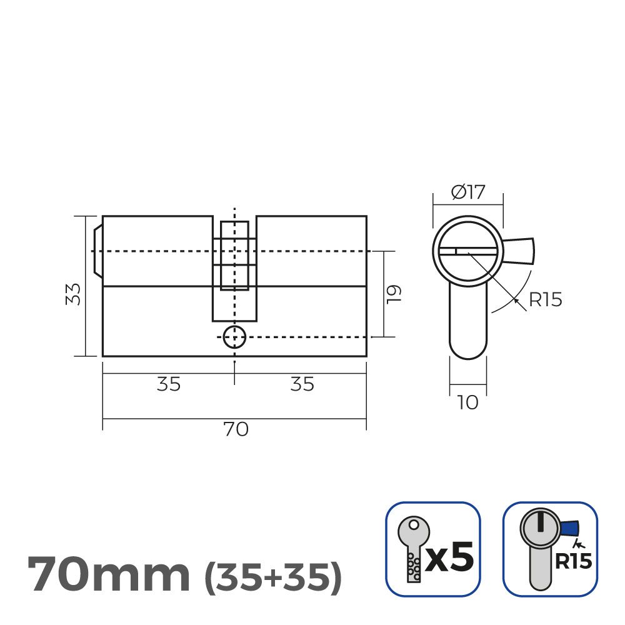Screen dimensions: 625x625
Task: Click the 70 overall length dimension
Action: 236,430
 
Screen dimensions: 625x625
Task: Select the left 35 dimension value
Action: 169,384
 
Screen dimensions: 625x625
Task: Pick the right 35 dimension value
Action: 302,384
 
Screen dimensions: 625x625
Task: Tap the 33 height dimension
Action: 74,294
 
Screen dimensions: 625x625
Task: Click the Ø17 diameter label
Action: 468,192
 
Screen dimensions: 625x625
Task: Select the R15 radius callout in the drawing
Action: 545,300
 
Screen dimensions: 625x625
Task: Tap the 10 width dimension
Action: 467,402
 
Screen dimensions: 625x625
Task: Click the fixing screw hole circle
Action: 234,337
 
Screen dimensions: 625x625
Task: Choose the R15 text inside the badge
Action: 573,561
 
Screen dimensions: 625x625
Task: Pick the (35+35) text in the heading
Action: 273,577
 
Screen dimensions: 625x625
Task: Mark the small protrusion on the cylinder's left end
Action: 97,251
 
